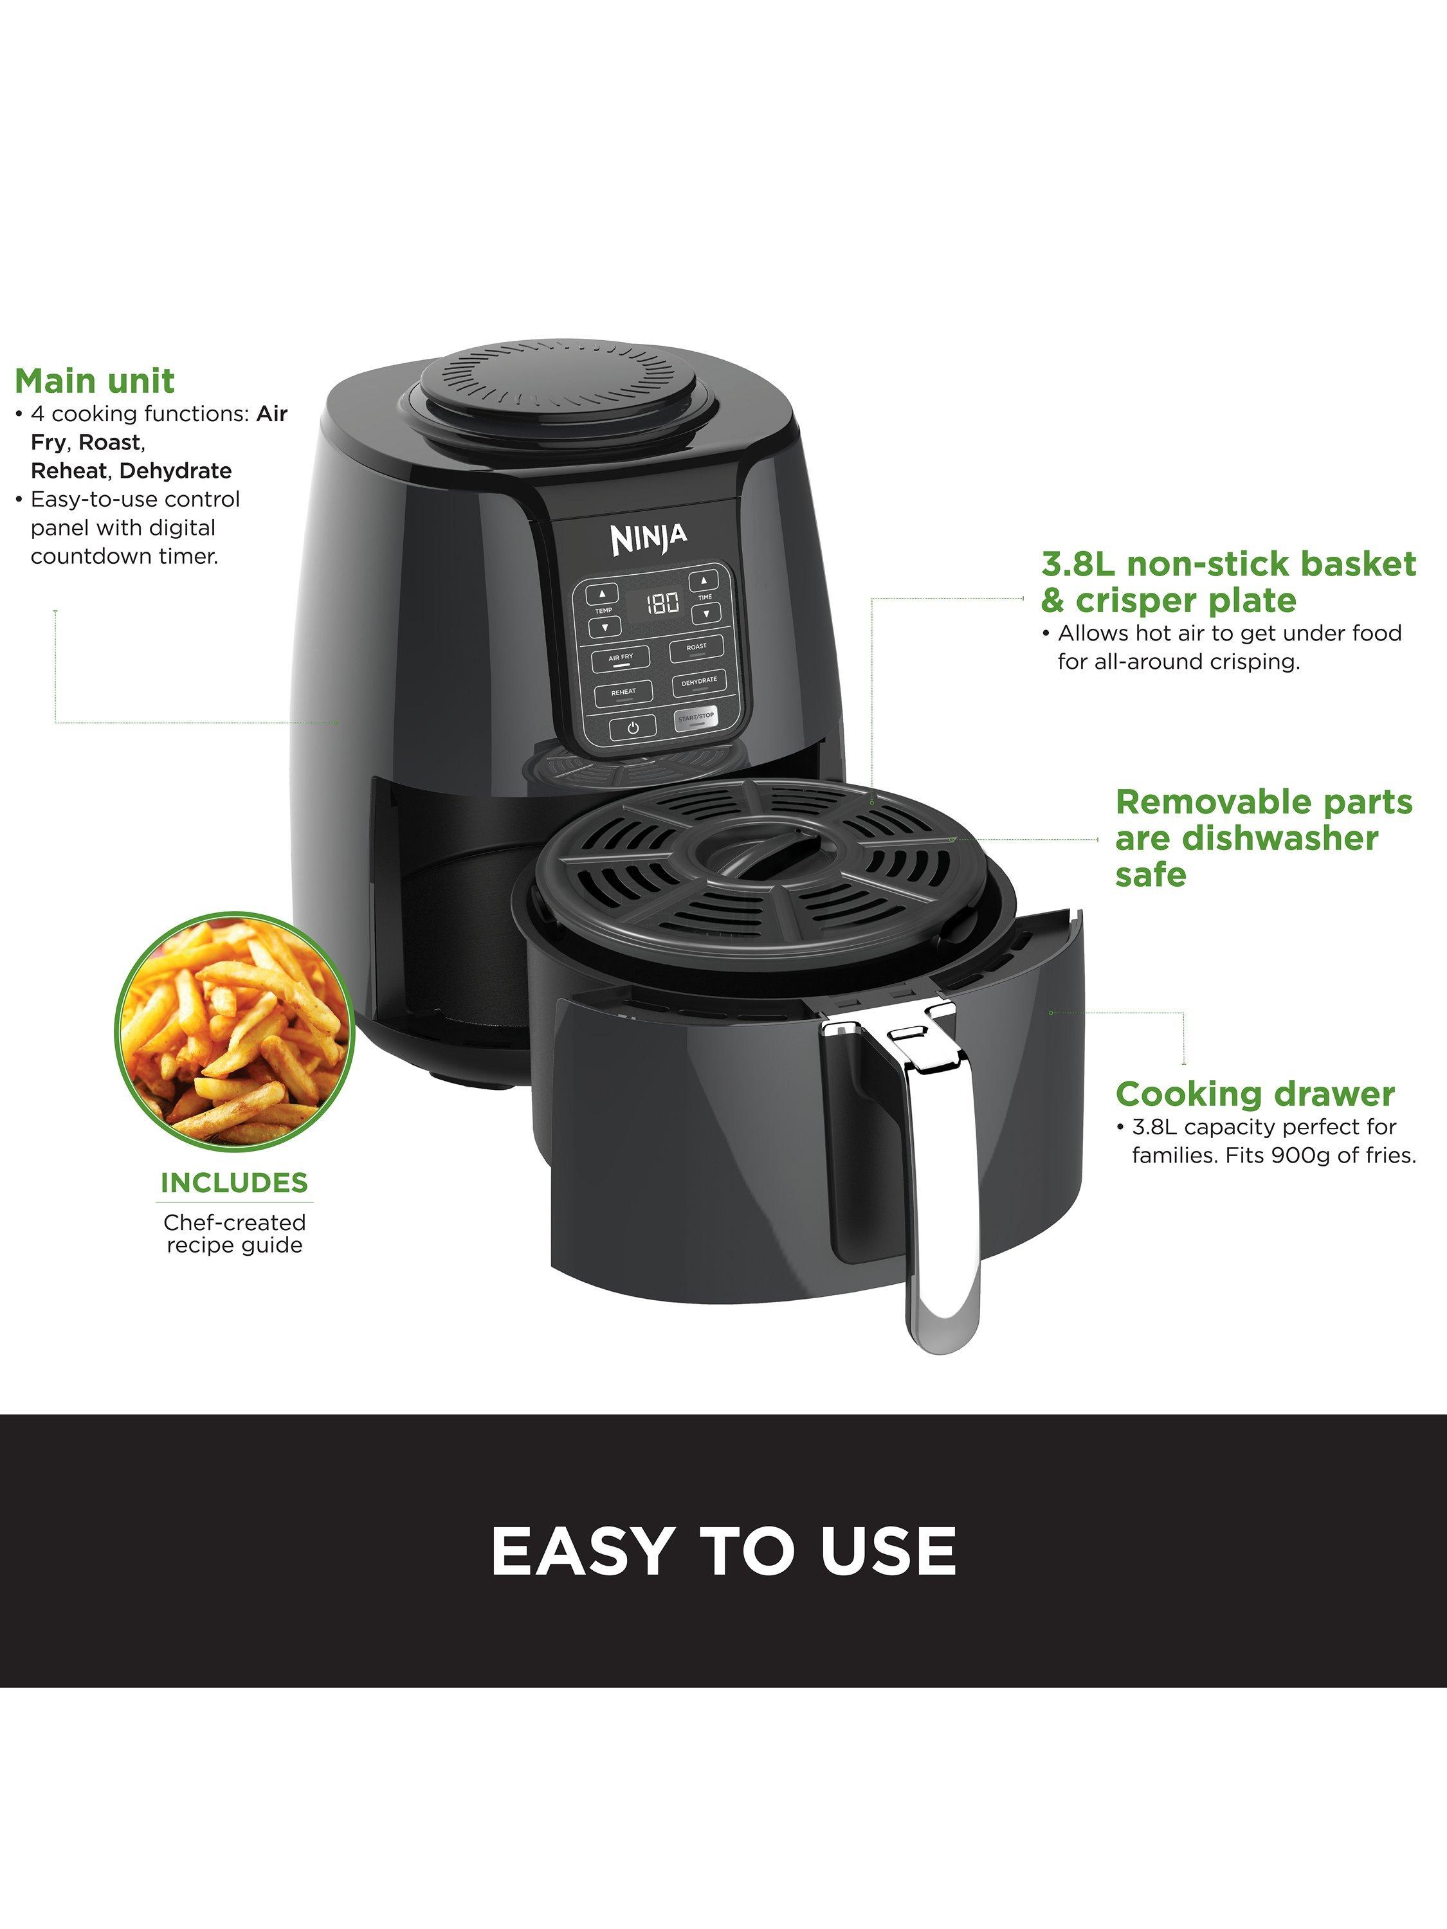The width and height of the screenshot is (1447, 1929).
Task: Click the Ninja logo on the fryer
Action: point(649,538)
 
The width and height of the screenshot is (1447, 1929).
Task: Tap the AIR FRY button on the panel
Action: point(621,658)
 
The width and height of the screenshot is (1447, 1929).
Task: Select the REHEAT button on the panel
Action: point(624,693)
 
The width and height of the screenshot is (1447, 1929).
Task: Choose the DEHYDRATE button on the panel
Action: point(698,682)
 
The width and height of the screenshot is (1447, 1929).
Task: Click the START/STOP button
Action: point(696,717)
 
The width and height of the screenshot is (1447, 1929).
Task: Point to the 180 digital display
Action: point(662,602)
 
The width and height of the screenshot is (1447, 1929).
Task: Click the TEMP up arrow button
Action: point(602,595)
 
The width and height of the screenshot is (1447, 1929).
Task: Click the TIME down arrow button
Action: point(705,613)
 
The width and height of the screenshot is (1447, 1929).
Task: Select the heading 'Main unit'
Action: point(94,382)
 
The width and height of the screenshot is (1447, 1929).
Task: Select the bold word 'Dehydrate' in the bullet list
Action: point(176,471)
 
